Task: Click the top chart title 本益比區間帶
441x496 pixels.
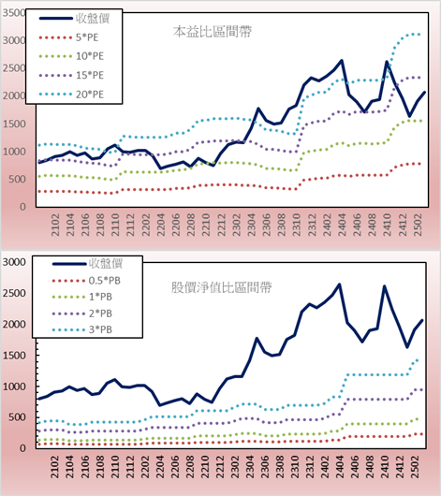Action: point(213,32)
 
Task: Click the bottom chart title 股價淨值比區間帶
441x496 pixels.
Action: point(221,287)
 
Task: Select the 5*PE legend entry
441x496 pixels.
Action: point(68,37)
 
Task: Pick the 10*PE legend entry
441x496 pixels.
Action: point(71,56)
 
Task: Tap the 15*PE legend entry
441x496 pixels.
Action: point(71,75)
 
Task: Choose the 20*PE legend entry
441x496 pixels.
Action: point(71,95)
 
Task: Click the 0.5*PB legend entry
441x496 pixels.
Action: point(86,281)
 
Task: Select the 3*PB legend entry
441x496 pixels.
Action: point(82,329)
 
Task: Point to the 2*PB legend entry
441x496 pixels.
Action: point(82,314)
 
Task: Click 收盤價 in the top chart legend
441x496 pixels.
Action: point(74,19)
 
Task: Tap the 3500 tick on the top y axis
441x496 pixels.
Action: point(14,13)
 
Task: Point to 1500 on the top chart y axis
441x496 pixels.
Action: point(14,124)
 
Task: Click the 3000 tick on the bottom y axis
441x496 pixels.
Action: point(14,262)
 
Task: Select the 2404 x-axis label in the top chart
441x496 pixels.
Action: point(342,225)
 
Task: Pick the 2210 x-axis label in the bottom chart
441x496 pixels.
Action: point(206,467)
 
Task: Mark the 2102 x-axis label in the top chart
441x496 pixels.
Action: point(55,225)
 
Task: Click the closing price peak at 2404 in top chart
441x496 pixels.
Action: point(342,60)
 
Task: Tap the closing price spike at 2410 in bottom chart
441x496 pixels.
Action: point(385,286)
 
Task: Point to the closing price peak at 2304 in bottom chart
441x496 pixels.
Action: point(257,338)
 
